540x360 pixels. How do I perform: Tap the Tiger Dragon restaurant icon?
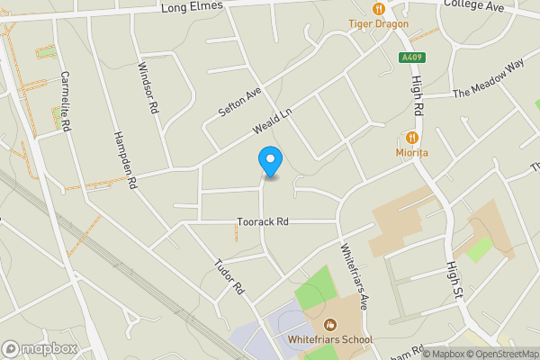click(x=379, y=8)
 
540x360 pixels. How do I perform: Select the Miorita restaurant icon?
click(x=412, y=138)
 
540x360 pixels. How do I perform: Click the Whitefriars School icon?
click(x=330, y=324)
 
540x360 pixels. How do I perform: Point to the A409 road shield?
click(x=412, y=58)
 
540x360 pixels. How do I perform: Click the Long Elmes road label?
click(x=191, y=8)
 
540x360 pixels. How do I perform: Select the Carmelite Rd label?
click(x=65, y=102)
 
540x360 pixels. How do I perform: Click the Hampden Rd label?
click(x=124, y=159)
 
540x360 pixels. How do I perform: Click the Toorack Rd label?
click(x=263, y=221)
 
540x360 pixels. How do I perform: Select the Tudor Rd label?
click(x=229, y=277)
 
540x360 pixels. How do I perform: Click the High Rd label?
click(x=417, y=98)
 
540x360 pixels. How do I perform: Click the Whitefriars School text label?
click(x=330, y=340)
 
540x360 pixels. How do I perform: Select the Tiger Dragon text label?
click(x=378, y=23)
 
